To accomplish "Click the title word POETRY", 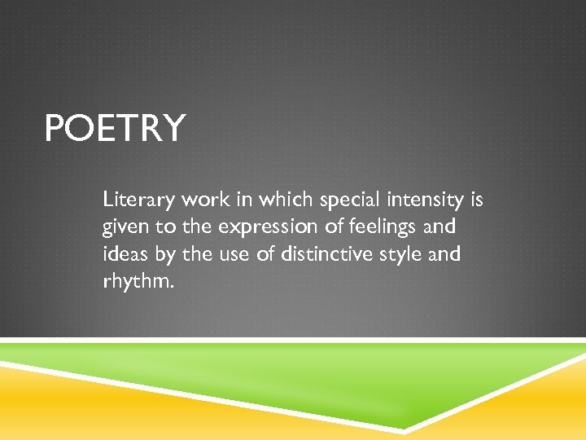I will tap(115, 129).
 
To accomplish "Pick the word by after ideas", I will tap(165, 255).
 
